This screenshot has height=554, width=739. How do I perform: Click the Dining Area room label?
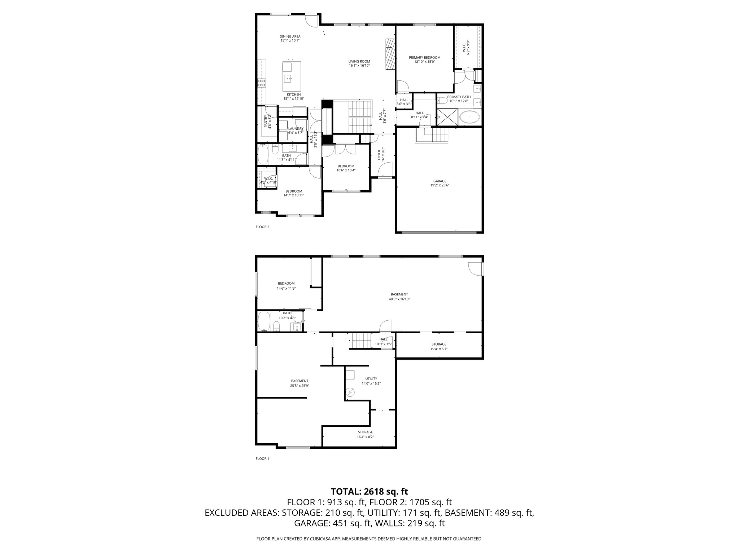290,36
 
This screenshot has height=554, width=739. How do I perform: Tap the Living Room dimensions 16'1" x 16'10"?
359,66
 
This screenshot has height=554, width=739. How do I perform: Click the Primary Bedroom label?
424,57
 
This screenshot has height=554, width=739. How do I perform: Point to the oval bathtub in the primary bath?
469,117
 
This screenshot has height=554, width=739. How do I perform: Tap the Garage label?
440,181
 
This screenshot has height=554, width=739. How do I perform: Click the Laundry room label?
296,129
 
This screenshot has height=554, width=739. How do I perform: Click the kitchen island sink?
288,78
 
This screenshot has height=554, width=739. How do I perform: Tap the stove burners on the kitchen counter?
262,83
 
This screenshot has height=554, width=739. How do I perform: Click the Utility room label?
371,379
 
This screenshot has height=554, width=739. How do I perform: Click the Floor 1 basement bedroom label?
286,283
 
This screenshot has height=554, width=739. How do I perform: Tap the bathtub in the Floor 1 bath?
264,321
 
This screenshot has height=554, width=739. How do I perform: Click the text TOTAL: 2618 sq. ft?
369,491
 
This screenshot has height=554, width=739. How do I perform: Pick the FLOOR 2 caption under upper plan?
262,227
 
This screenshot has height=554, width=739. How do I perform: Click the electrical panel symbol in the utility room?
350,392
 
